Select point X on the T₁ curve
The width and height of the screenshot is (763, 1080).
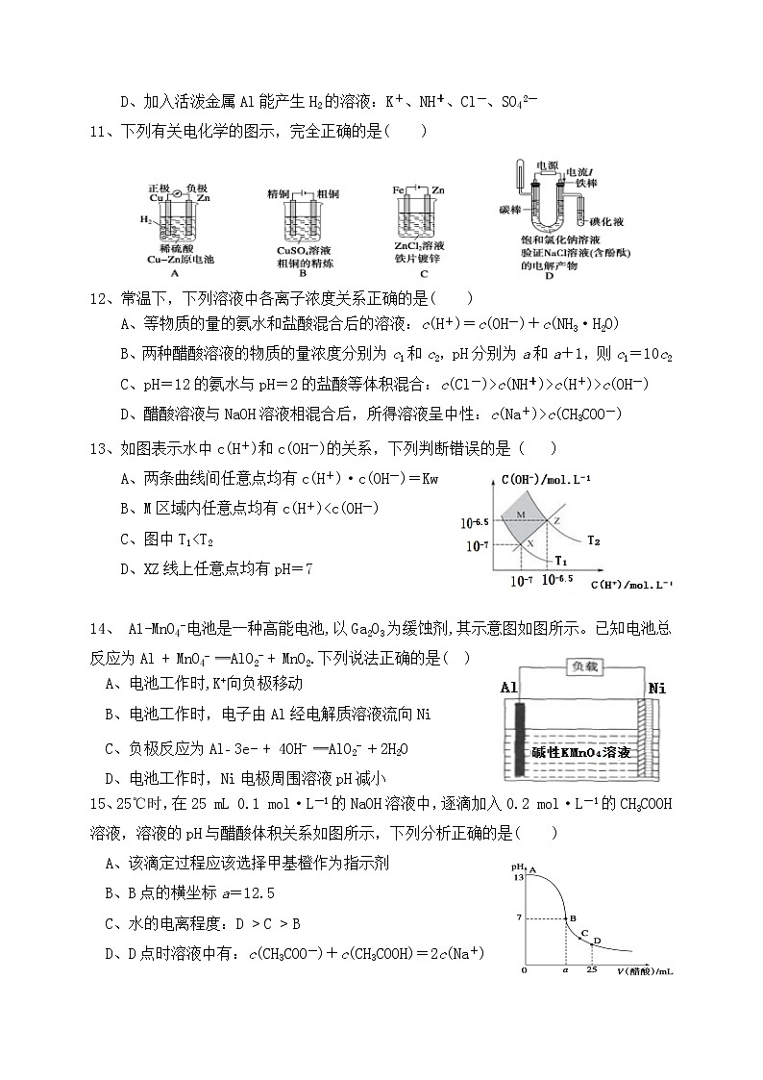(528, 543)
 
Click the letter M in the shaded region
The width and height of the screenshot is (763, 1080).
(520, 515)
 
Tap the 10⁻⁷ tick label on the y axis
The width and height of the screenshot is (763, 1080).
(477, 545)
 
